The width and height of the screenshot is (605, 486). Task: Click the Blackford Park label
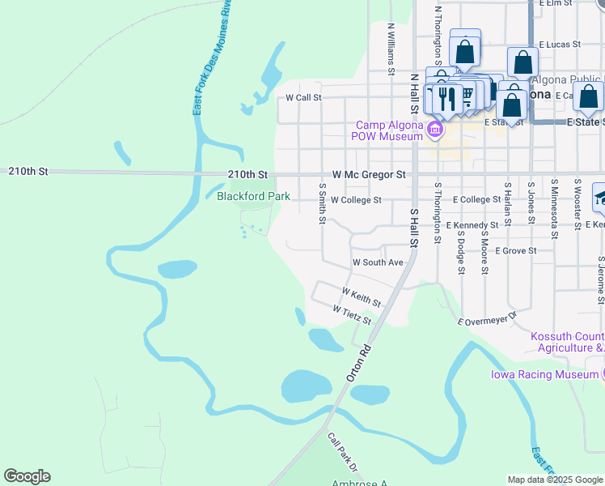tap(253, 196)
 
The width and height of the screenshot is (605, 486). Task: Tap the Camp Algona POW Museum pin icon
tap(435, 130)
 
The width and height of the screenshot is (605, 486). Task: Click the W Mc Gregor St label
tap(369, 175)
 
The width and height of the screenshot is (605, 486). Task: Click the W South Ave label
tap(378, 263)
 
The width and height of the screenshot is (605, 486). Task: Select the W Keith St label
tap(362, 296)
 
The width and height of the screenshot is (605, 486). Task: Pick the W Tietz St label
tap(352, 315)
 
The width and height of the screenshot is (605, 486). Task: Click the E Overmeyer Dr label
tap(487, 320)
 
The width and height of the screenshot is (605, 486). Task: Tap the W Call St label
tap(304, 97)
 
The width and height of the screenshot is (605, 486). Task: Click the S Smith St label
tap(322, 203)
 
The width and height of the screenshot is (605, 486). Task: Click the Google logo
tap(27, 476)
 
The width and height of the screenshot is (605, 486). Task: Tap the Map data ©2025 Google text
tap(555, 480)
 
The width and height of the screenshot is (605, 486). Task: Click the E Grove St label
tap(516, 251)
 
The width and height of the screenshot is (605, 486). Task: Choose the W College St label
tap(356, 200)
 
